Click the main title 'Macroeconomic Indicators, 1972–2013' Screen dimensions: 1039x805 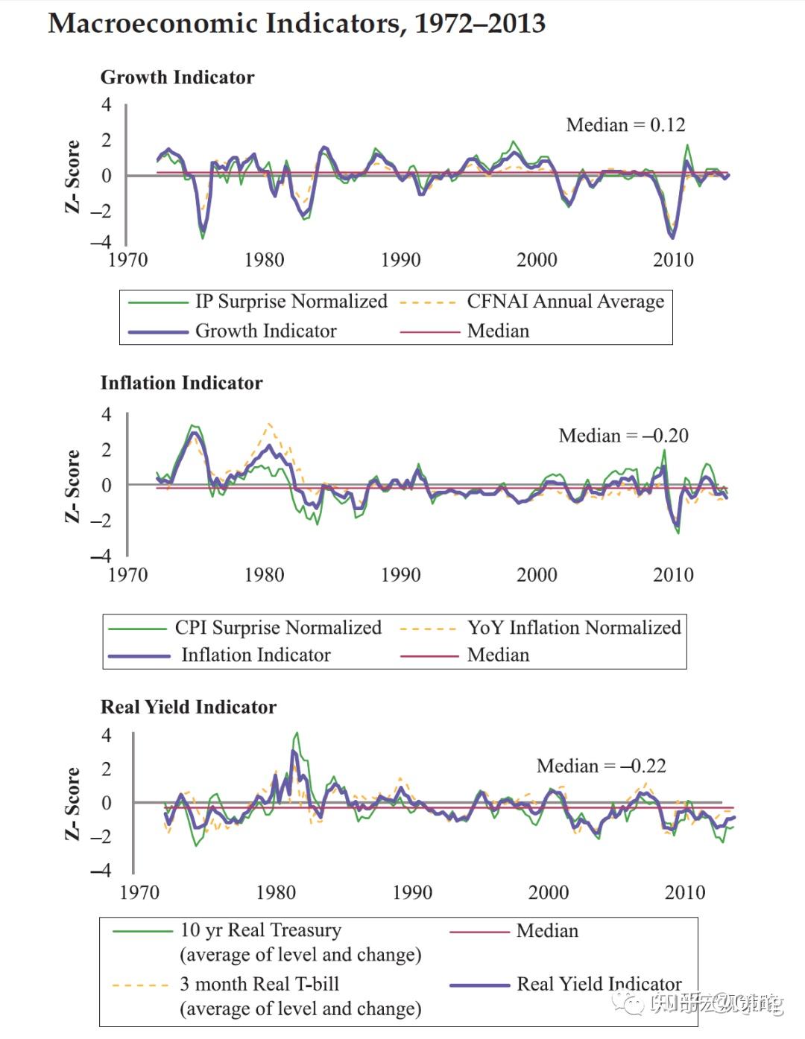click(297, 24)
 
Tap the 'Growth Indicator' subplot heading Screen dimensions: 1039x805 click(177, 77)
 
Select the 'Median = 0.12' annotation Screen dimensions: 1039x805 click(625, 124)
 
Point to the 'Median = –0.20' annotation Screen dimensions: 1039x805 click(623, 435)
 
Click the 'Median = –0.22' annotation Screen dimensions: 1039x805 click(601, 766)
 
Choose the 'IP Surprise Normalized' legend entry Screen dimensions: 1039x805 click(291, 301)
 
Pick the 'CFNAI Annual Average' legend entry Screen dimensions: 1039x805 click(565, 301)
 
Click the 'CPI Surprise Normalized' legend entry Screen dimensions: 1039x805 click(278, 627)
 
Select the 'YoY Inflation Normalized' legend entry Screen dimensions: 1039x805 click(574, 627)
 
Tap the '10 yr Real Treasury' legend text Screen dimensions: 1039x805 click(261, 930)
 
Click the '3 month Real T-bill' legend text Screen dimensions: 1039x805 click(259, 984)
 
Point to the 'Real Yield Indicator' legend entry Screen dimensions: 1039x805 click(599, 984)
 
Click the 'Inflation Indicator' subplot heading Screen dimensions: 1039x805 click(182, 383)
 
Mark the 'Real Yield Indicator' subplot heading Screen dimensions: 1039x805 click(189, 707)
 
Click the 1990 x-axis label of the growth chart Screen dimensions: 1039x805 click(400, 260)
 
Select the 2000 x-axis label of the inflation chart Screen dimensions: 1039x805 click(537, 575)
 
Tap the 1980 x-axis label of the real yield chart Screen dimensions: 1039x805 click(276, 892)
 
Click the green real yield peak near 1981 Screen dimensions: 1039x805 click(297, 734)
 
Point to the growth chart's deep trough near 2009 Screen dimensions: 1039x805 click(672, 237)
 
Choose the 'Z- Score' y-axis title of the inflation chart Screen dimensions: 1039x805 click(72, 486)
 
